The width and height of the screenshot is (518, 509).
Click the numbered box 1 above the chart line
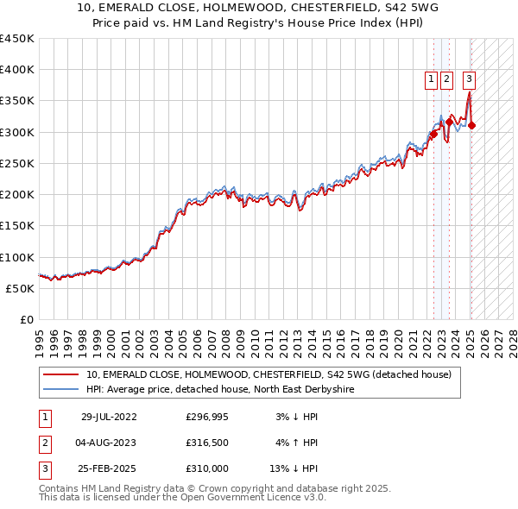(x=431, y=79)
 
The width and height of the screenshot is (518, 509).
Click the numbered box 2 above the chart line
(x=446, y=79)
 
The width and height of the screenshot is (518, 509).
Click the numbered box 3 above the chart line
(x=469, y=79)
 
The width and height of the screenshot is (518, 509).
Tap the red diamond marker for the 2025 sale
(x=471, y=126)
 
